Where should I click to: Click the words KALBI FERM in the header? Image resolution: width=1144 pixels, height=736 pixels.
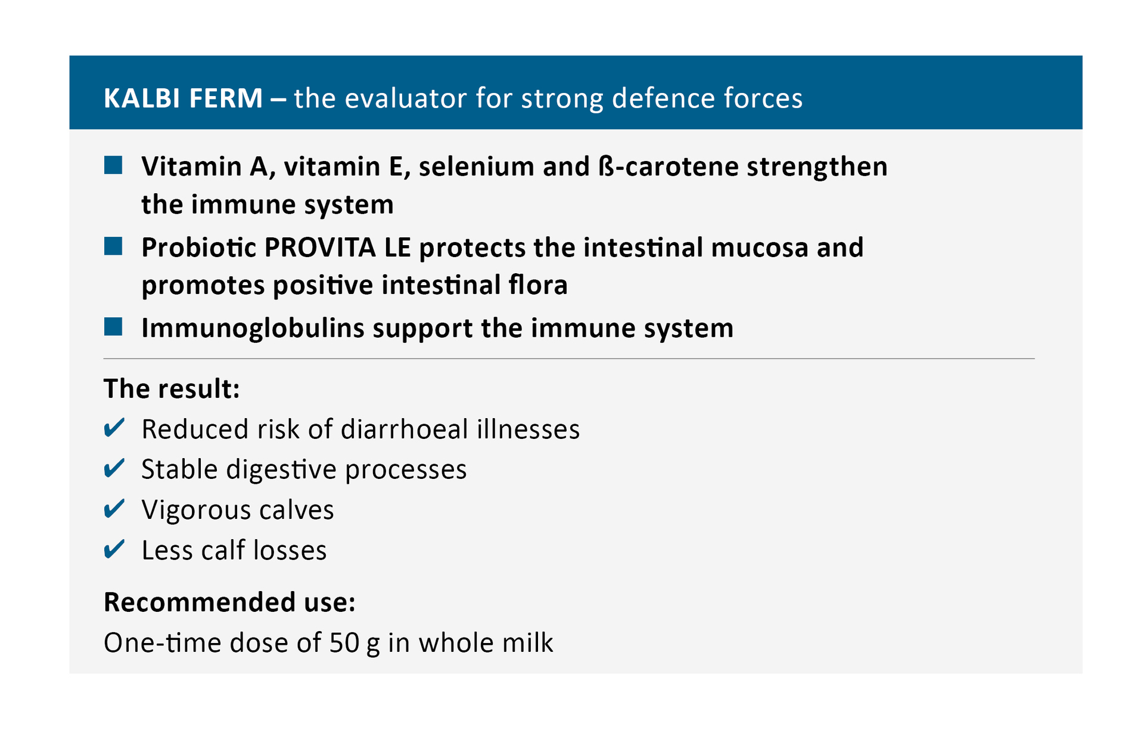(x=183, y=98)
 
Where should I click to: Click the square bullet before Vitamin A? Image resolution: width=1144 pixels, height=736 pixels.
(x=113, y=165)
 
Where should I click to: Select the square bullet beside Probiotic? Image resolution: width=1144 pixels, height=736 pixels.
(x=113, y=246)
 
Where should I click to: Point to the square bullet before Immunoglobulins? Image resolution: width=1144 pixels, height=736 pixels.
(x=113, y=327)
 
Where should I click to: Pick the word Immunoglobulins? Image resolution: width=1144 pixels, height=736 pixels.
(x=253, y=328)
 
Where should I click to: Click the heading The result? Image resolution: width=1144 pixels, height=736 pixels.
(x=172, y=389)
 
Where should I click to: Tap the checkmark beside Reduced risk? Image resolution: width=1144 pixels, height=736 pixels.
(x=114, y=428)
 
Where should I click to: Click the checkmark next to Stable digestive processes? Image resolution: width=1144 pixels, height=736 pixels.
(x=114, y=469)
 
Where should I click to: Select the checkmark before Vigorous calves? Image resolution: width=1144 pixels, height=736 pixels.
(x=114, y=509)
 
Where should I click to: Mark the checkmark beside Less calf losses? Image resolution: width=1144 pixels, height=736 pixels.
(x=114, y=549)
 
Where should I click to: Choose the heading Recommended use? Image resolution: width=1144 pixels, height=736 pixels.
(x=229, y=602)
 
